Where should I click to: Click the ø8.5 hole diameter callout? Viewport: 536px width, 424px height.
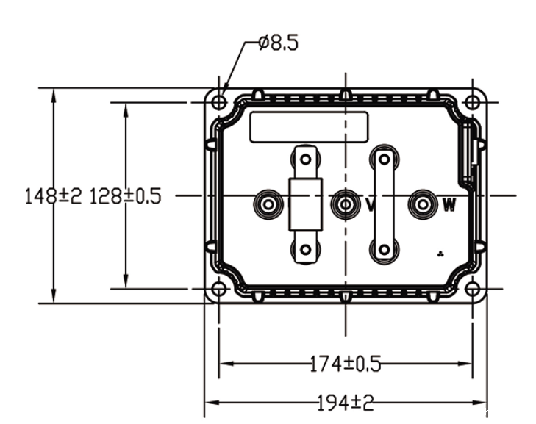pyautogui.click(x=278, y=44)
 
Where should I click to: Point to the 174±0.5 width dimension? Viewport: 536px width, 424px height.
pyautogui.click(x=346, y=362)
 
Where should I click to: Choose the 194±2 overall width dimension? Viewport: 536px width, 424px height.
pyautogui.click(x=346, y=403)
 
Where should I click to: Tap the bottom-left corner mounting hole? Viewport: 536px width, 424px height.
pyautogui.click(x=218, y=290)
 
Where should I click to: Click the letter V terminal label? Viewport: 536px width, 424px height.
pyautogui.click(x=371, y=205)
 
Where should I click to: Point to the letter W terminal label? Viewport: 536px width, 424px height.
pyautogui.click(x=449, y=205)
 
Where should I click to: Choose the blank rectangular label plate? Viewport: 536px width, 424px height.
pyautogui.click(x=308, y=127)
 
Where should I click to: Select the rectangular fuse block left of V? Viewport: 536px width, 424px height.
pyautogui.click(x=306, y=203)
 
